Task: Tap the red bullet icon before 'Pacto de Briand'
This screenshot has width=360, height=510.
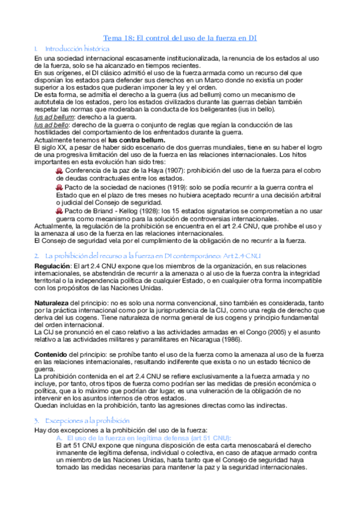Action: (x=59, y=212)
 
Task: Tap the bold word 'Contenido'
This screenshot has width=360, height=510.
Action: (x=51, y=355)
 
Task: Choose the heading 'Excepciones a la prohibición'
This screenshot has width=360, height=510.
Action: (x=85, y=420)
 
